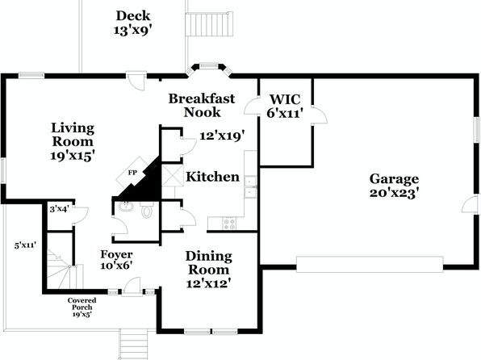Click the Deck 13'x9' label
point(133,23)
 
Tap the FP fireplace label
point(132,173)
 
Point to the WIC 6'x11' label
point(285,107)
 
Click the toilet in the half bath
point(147,210)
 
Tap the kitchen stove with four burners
point(229,223)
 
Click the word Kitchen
point(212,177)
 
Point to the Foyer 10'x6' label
point(116,260)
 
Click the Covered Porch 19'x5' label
point(82,308)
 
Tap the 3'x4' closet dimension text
point(59,209)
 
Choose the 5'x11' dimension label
point(26,245)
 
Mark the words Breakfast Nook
point(202,105)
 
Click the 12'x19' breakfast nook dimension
point(222,136)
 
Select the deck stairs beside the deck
point(209,24)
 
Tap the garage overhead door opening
point(370,264)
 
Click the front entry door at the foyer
point(132,287)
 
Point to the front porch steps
point(133,344)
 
